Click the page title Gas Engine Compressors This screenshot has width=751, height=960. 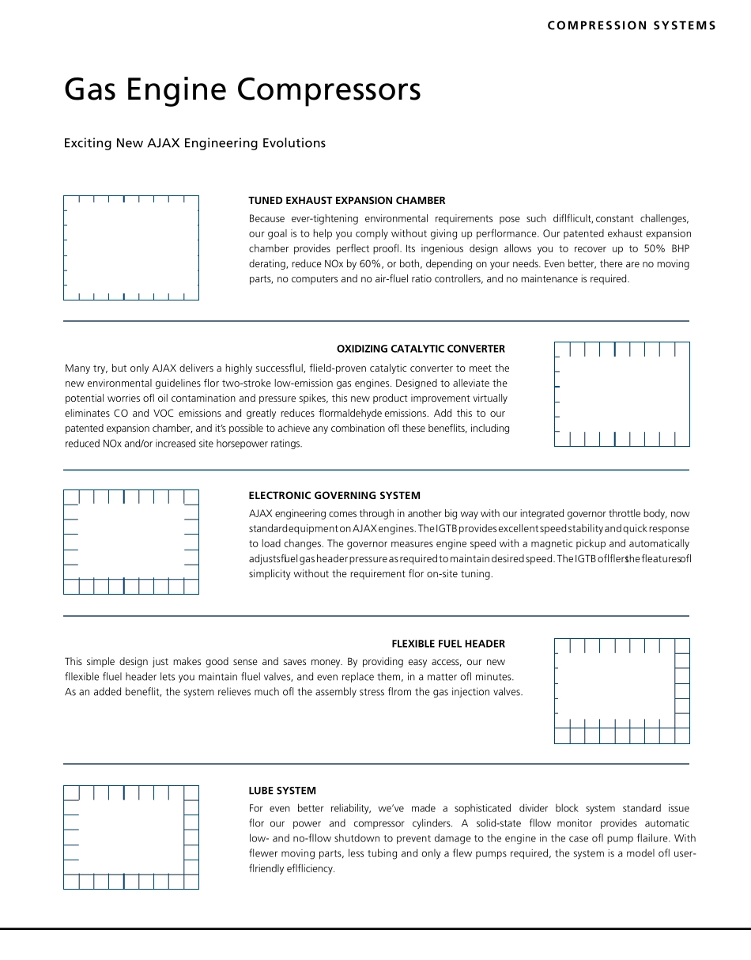(242, 90)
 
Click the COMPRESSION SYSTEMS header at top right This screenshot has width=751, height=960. (631, 25)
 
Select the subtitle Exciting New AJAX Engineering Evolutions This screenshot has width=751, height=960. (194, 143)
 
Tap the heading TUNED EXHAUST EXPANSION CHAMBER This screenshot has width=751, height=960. (346, 201)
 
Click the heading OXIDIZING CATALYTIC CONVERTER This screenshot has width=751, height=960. (421, 349)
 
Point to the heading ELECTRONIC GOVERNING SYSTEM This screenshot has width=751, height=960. (334, 496)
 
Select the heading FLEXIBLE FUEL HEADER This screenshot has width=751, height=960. (447, 644)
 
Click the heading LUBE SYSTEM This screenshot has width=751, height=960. (282, 791)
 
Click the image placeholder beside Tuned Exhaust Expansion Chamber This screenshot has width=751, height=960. (131, 248)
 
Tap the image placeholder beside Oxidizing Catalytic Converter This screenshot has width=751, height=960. (621, 394)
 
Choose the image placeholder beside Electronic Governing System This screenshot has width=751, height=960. (131, 542)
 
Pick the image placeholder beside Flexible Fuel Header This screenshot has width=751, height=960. (621, 690)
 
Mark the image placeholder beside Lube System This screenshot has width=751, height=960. (131, 837)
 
